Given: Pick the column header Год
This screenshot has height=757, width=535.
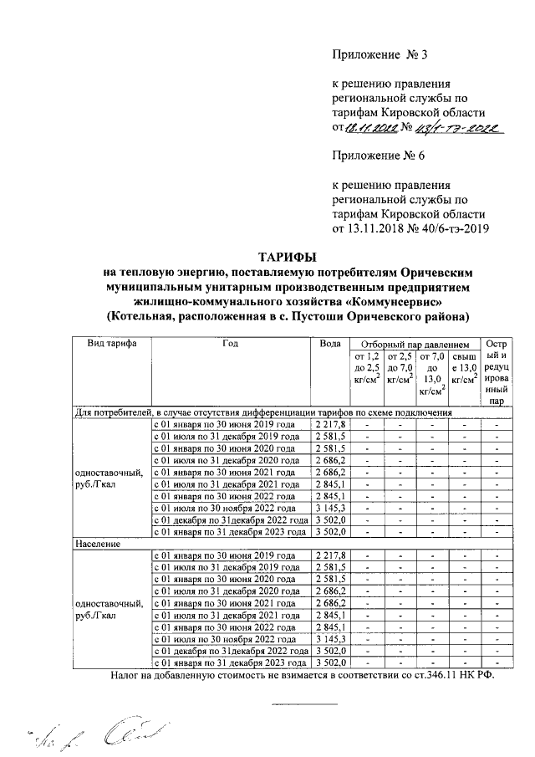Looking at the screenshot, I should (x=231, y=345).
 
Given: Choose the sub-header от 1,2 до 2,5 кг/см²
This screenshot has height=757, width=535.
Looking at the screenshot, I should (x=367, y=369).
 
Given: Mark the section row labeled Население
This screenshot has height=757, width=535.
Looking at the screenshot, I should (x=98, y=543).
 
